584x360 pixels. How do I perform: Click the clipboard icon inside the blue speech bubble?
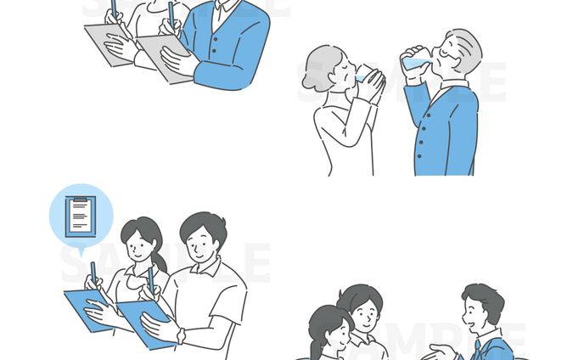(x=80, y=216)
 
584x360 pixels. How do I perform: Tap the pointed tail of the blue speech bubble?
(x=81, y=250)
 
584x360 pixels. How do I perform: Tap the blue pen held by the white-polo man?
(x=150, y=280)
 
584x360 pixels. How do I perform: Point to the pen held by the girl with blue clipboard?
(x=93, y=273)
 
